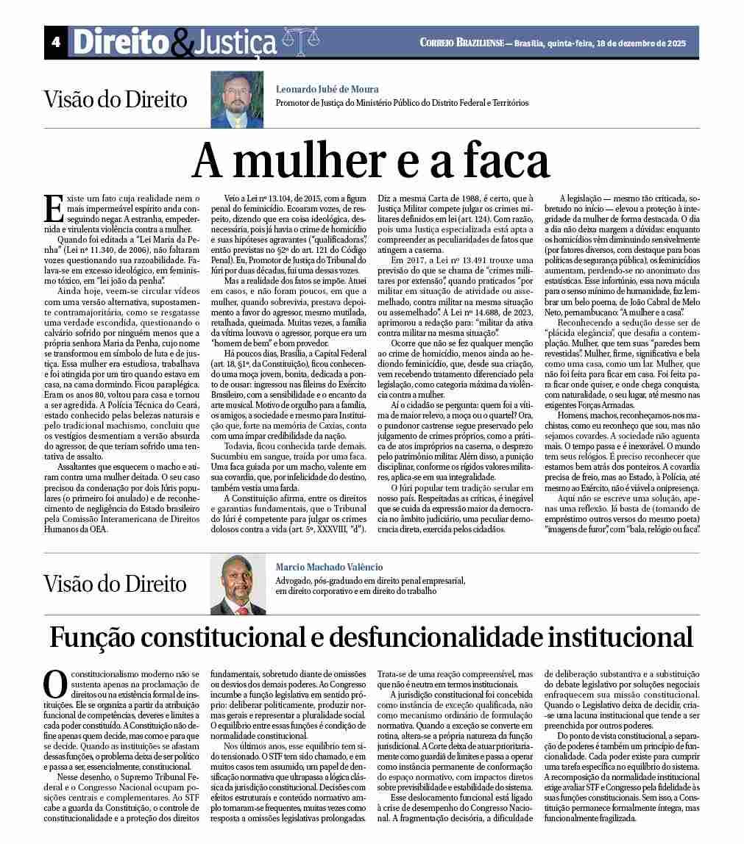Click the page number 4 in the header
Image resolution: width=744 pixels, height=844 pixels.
click(55, 43)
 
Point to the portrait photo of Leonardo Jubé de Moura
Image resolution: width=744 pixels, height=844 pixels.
click(237, 99)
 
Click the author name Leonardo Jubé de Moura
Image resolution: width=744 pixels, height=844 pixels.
click(327, 89)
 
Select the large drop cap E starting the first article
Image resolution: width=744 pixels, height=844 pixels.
click(53, 208)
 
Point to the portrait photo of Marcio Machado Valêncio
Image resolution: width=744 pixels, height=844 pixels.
click(237, 584)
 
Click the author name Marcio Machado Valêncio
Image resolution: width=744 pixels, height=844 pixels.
click(329, 568)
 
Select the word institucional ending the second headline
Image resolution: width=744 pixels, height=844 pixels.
click(620, 637)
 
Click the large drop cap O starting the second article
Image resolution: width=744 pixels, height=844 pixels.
click(55, 683)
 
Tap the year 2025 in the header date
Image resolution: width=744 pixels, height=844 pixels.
click(673, 43)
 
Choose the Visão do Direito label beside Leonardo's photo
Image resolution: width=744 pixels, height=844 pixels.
click(116, 99)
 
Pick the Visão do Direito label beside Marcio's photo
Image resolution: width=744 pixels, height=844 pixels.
click(116, 584)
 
